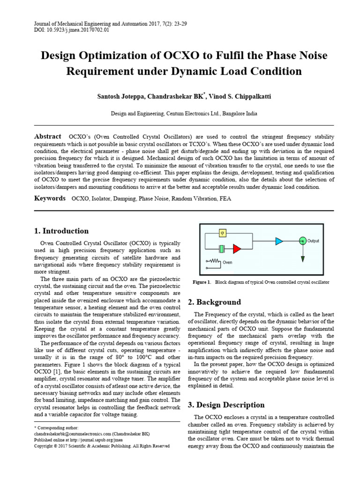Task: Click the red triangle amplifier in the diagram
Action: (238, 248)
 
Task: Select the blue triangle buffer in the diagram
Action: (279, 241)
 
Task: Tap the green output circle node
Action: (303, 240)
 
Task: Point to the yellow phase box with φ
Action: (223, 232)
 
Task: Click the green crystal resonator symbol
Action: (223, 248)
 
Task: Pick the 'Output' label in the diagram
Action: (313, 241)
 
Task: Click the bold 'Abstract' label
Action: (48, 136)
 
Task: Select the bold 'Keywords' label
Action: (50, 198)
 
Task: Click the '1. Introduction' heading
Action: (61, 231)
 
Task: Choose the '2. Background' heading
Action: (214, 302)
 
